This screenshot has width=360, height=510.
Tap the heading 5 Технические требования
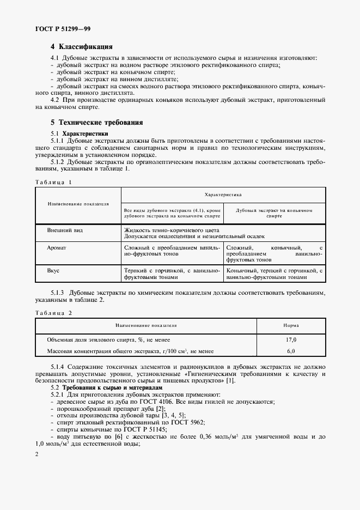[96, 123]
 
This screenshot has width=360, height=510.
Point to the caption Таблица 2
[53, 313]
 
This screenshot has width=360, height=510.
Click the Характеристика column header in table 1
[223, 194]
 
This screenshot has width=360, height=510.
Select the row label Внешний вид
[65, 230]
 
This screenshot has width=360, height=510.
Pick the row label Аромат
[57, 247]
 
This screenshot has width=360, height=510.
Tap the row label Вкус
[54, 270]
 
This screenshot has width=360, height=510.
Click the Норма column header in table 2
[291, 325]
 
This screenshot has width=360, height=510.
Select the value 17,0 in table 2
[291, 339]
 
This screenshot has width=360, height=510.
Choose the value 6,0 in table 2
[291, 351]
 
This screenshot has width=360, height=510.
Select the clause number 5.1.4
[60, 366]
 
